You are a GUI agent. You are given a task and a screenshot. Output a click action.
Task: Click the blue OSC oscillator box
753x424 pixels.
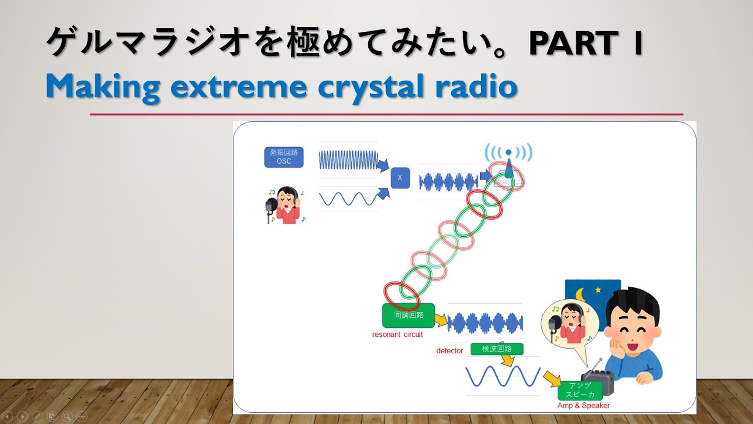pyautogui.click(x=284, y=157)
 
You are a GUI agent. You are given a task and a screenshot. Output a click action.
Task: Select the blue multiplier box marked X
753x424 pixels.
pyautogui.click(x=400, y=177)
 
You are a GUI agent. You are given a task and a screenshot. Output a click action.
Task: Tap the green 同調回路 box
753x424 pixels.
pyautogui.click(x=408, y=315)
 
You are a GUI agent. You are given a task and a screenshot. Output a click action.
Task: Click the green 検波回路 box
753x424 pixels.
pyautogui.click(x=497, y=349)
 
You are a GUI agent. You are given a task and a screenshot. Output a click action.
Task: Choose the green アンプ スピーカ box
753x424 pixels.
pyautogui.click(x=579, y=390)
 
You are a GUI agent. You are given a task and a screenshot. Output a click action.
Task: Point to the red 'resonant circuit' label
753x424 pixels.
pyautogui.click(x=397, y=334)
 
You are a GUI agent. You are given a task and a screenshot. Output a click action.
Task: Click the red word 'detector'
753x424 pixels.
pyautogui.click(x=449, y=351)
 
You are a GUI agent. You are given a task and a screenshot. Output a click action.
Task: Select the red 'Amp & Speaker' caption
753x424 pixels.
pyautogui.click(x=584, y=406)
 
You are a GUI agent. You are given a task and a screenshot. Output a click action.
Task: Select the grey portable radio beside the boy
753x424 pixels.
pyautogui.click(x=597, y=377)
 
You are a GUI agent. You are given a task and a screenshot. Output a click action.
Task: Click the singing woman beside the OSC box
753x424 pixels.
pyautogui.click(x=285, y=205)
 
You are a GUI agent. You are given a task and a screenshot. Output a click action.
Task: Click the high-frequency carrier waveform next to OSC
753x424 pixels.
pyautogui.click(x=348, y=160)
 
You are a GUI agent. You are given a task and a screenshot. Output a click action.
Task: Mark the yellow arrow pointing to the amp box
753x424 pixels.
pyautogui.click(x=551, y=377)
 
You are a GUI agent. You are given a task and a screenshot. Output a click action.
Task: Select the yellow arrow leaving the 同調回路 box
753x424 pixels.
pyautogui.click(x=441, y=320)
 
